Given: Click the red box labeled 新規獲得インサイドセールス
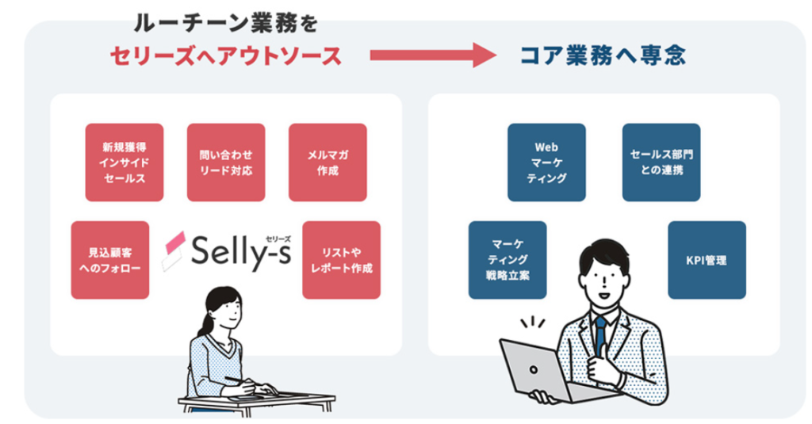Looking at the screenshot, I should (124, 162).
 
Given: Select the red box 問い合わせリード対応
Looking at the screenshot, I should (226, 162).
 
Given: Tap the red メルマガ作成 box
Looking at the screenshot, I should (327, 162).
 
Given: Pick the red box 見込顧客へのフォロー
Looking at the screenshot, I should (109, 260).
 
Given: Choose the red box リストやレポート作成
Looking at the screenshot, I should (341, 260).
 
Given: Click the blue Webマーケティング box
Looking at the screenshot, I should (546, 162).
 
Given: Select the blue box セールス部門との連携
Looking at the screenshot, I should (661, 162).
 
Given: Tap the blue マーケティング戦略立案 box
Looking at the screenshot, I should (507, 260).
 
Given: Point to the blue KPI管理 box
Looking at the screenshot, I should (707, 260).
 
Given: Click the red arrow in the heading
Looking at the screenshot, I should (432, 55).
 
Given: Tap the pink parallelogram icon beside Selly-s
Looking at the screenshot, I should (174, 251).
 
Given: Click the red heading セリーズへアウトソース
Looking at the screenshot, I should (225, 55).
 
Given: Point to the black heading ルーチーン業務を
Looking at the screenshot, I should (226, 21).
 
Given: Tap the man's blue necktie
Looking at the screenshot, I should (600, 333).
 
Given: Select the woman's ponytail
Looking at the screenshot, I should (202, 322).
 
